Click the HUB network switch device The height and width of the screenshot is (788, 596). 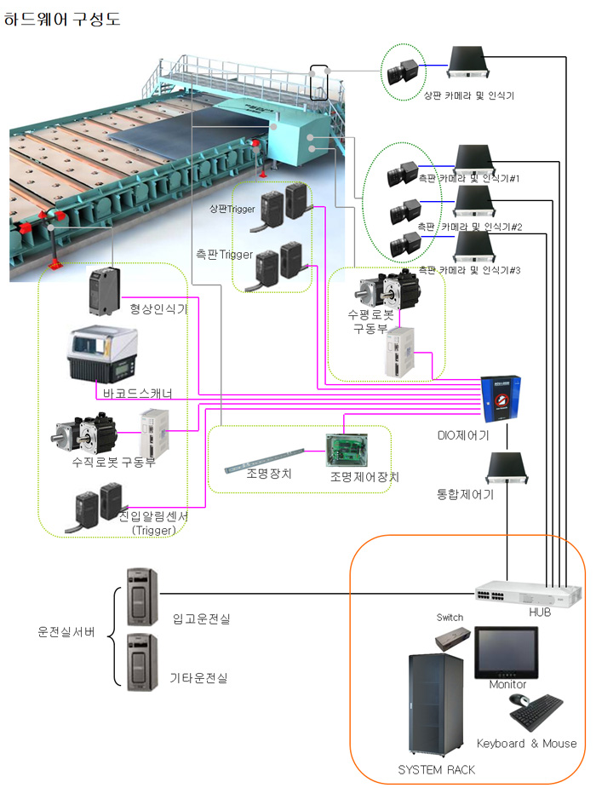(x=529, y=593)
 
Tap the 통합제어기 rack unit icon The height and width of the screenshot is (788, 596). (x=507, y=468)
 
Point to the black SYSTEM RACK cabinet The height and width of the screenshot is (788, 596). (x=436, y=707)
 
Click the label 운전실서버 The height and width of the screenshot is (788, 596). (x=66, y=632)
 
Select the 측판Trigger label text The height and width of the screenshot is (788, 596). (x=220, y=254)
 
